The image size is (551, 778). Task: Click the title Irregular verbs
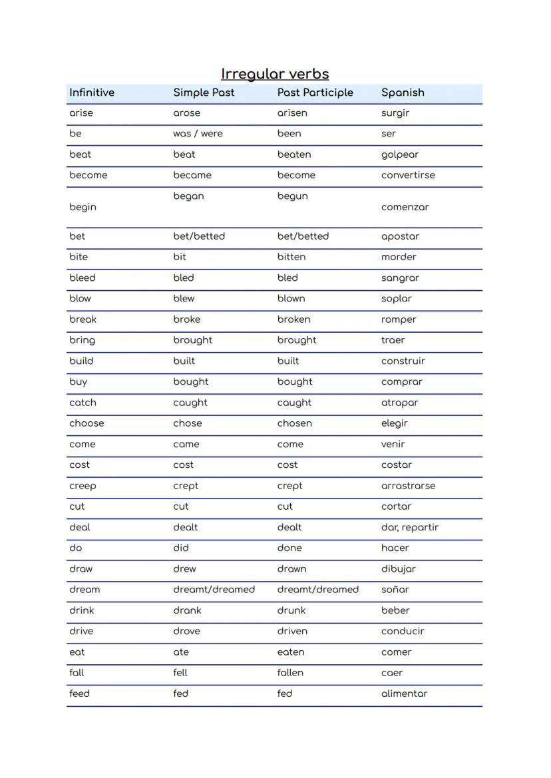275,74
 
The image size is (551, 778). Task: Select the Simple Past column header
204,93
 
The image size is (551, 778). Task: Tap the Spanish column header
403,93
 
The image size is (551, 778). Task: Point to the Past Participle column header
315,93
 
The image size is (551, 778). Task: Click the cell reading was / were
198,134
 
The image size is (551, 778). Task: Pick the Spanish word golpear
400,155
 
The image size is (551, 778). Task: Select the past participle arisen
292,113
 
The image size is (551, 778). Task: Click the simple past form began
188,196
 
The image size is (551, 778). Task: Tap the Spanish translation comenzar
405,207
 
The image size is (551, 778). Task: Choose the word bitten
291,257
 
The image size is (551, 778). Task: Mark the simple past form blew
184,299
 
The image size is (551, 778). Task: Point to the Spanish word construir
403,361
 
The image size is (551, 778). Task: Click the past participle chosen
294,423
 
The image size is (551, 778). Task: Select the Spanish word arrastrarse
408,486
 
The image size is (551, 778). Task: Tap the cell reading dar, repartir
409,527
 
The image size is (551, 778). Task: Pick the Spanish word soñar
395,590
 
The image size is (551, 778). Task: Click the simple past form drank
187,610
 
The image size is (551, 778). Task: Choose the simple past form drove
186,631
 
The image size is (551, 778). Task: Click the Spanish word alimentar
404,693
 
